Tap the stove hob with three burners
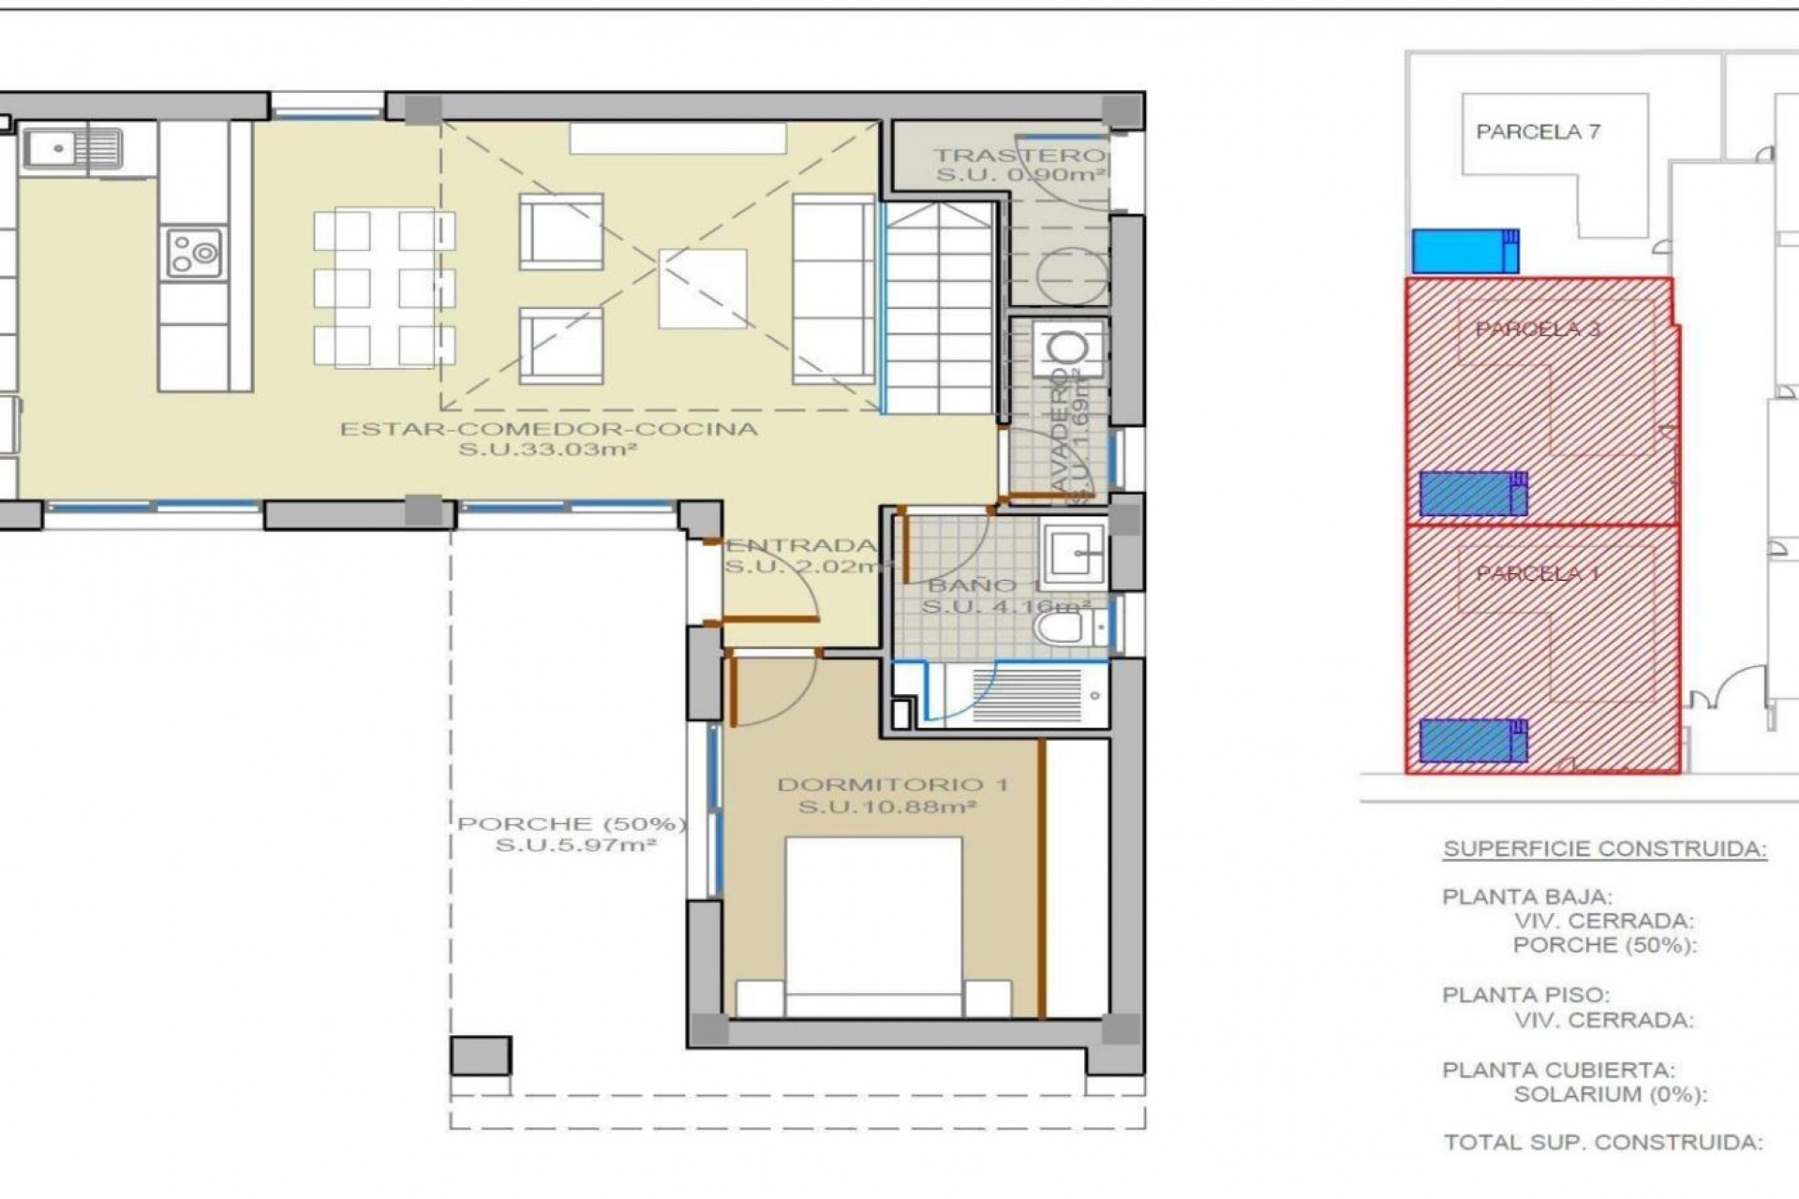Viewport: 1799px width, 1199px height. coord(194,252)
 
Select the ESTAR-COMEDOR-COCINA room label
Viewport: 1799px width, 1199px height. coord(548,430)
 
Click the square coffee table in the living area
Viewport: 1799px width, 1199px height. coord(702,288)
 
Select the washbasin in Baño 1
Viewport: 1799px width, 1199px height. coord(1077,554)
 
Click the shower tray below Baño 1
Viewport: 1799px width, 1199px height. coord(1026,695)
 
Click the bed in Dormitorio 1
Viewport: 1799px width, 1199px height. coord(873,927)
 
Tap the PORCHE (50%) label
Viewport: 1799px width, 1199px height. coord(572,824)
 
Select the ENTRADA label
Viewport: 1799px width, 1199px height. coord(801,545)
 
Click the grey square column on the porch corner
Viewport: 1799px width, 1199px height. coord(481,1056)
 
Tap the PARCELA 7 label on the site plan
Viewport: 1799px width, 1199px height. coord(1538,132)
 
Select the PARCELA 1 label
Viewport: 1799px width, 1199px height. coord(1537,573)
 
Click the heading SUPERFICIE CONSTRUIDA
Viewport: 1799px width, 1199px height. coord(1604,850)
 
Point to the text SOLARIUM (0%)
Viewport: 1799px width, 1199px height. coord(1610,1094)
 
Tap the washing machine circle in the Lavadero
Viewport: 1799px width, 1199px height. coord(1068,348)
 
